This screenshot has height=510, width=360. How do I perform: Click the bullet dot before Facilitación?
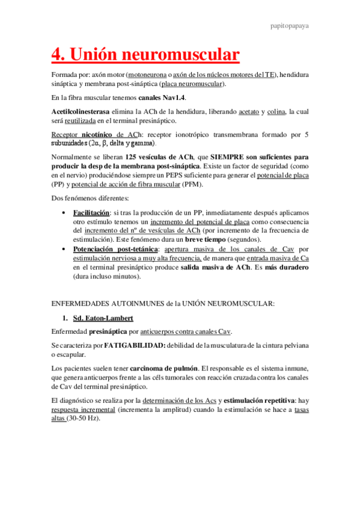point(65,213)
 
